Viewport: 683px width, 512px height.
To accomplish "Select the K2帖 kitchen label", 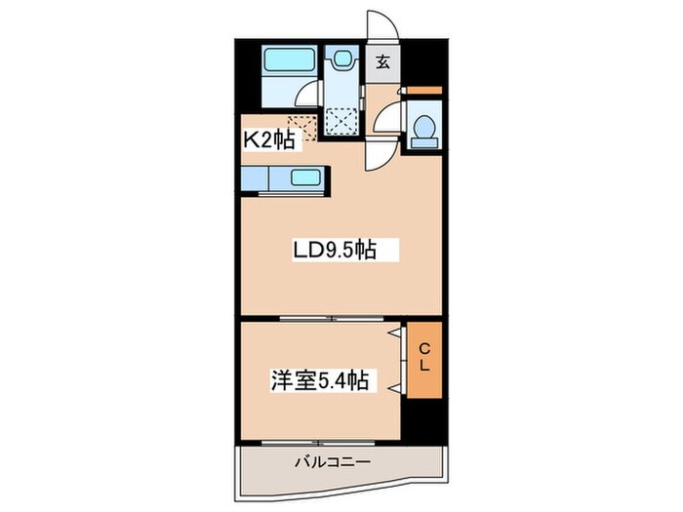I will point(268,139).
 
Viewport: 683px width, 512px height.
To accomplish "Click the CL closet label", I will point(424,357).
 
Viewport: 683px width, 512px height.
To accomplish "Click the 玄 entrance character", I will point(383,63).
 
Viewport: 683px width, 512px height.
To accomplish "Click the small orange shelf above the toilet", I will point(423,93).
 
